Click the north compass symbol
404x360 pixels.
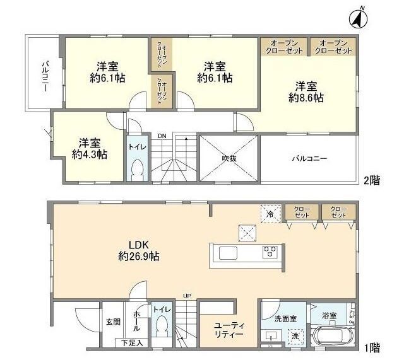click(359, 18)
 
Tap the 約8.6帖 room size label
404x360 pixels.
click(306, 98)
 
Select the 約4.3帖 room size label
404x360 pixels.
click(90, 154)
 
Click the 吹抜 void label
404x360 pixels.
click(229, 158)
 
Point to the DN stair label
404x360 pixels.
click(162, 136)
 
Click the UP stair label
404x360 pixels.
click(187, 296)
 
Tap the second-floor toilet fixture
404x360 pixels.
click(138, 170)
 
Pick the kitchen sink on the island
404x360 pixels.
click(228, 253)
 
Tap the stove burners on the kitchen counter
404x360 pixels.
click(270, 252)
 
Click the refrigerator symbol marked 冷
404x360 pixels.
click(271, 214)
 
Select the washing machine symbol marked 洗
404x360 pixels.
click(295, 336)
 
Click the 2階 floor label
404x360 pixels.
click(372, 181)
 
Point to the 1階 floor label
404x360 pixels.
click(372, 348)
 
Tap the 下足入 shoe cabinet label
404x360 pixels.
click(132, 343)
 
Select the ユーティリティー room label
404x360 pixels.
click(229, 330)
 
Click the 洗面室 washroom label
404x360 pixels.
click(285, 319)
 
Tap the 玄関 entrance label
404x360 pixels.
click(113, 322)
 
